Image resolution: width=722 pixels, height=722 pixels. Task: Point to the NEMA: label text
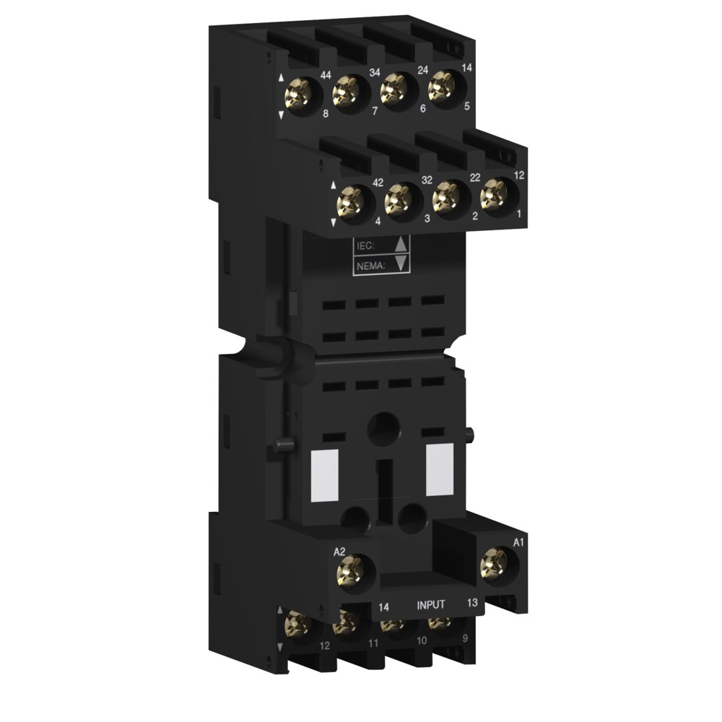pos(370,266)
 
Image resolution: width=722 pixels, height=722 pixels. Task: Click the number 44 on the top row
pos(326,76)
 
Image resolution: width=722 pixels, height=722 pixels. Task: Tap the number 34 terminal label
pos(374,73)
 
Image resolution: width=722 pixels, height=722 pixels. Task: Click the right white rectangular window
pos(436,470)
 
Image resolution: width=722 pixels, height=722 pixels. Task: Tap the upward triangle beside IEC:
pos(402,244)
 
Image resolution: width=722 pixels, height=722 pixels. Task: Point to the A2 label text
pos(340,552)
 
